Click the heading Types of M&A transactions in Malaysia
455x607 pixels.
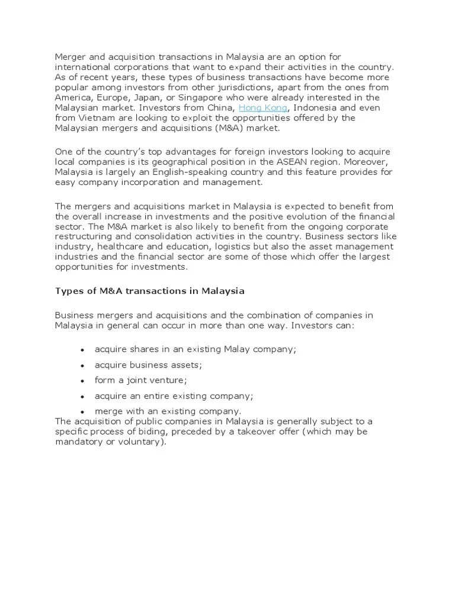pos(149,291)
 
